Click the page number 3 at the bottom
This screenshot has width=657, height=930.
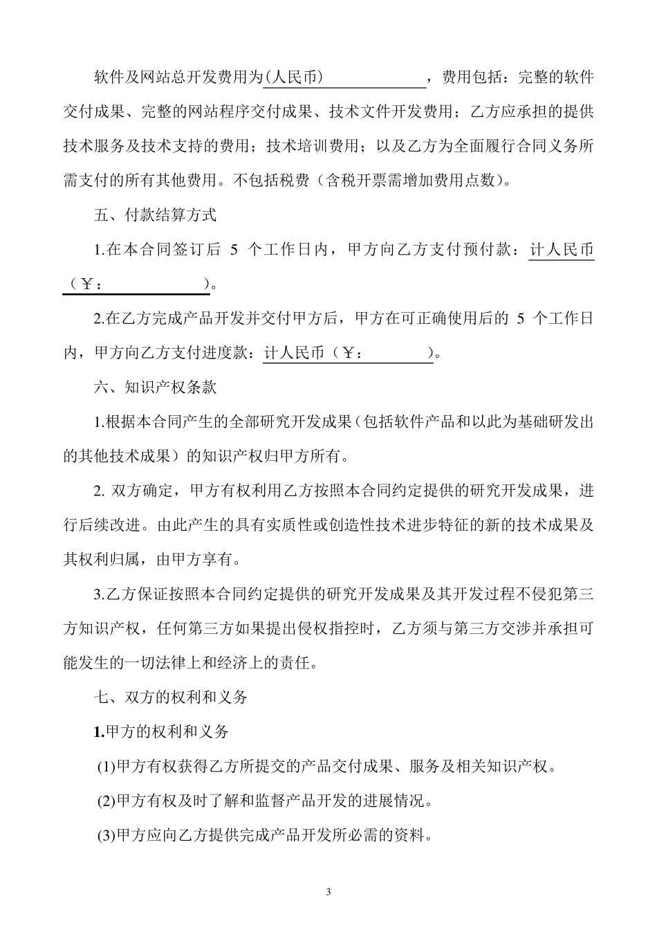pos(328,892)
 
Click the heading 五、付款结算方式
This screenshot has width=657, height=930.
pos(155,215)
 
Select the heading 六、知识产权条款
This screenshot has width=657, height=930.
pos(155,387)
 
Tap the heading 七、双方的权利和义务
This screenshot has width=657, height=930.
pos(170,697)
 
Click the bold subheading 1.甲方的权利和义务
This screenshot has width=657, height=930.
pos(161,731)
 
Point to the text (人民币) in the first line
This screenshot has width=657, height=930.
pos(295,78)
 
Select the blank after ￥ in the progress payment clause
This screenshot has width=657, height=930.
pos(397,354)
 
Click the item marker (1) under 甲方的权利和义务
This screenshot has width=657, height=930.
pos(107,767)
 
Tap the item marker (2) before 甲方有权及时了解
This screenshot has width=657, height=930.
pos(107,801)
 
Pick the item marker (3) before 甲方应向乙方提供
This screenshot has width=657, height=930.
pos(107,836)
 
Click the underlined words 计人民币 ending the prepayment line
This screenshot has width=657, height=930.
pos(562,250)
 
